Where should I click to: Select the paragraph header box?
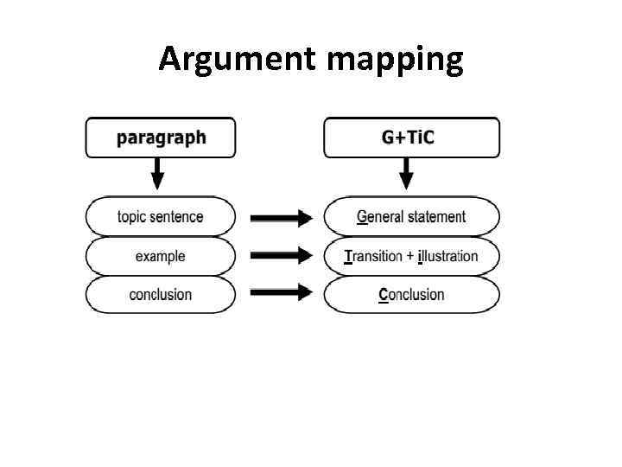[x=160, y=138]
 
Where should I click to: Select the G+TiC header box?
[x=411, y=138]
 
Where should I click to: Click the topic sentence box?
[x=160, y=216]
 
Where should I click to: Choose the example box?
[x=160, y=256]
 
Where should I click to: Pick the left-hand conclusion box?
[x=160, y=295]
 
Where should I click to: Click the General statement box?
[x=411, y=216]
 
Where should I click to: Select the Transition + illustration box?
[x=411, y=256]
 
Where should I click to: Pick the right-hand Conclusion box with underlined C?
[x=411, y=295]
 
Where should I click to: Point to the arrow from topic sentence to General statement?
[x=281, y=218]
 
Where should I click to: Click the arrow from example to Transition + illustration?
[x=281, y=256]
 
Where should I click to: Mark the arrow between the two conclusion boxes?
[x=281, y=292]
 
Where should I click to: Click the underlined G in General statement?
[x=362, y=216]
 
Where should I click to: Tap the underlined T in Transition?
[x=348, y=256]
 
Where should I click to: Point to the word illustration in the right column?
[x=447, y=256]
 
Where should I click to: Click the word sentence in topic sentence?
[x=180, y=216]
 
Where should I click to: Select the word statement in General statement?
[x=436, y=216]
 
